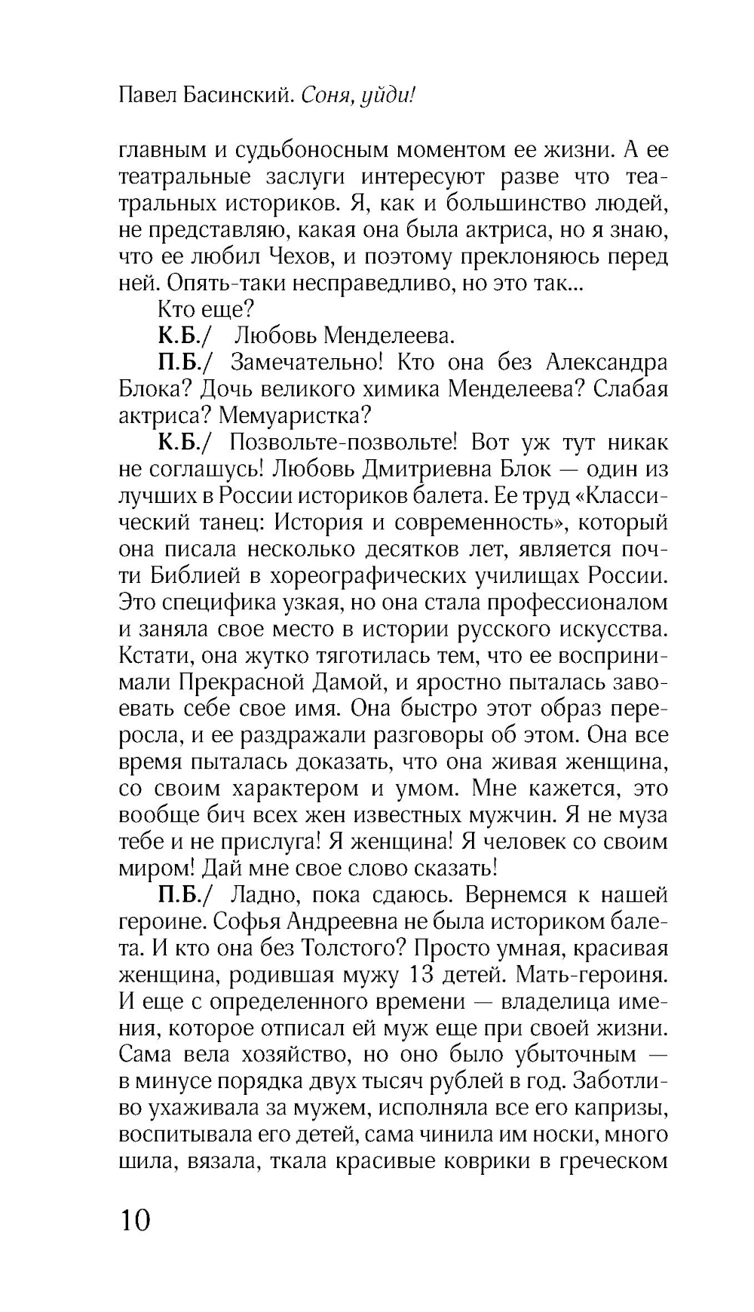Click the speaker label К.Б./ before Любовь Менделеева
[183, 336]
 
